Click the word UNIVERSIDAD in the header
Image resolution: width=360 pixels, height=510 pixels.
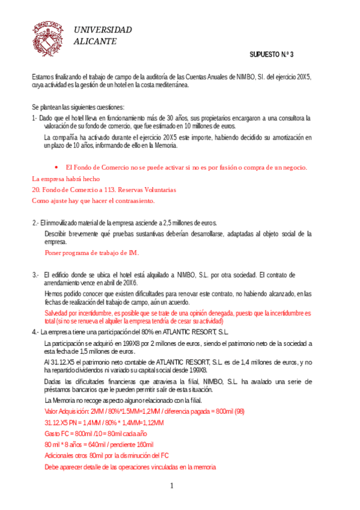(103, 30)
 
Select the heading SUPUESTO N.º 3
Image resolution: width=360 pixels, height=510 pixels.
(272, 55)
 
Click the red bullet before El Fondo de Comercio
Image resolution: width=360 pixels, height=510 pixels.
(56, 167)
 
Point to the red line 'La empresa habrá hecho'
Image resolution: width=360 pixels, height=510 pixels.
(66, 179)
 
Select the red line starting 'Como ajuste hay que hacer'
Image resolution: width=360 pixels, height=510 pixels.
(93, 200)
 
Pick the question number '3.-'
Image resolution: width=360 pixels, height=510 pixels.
(36, 275)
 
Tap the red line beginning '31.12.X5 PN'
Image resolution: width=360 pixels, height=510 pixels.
(104, 423)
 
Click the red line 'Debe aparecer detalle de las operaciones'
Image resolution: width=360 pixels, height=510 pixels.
(130, 467)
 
